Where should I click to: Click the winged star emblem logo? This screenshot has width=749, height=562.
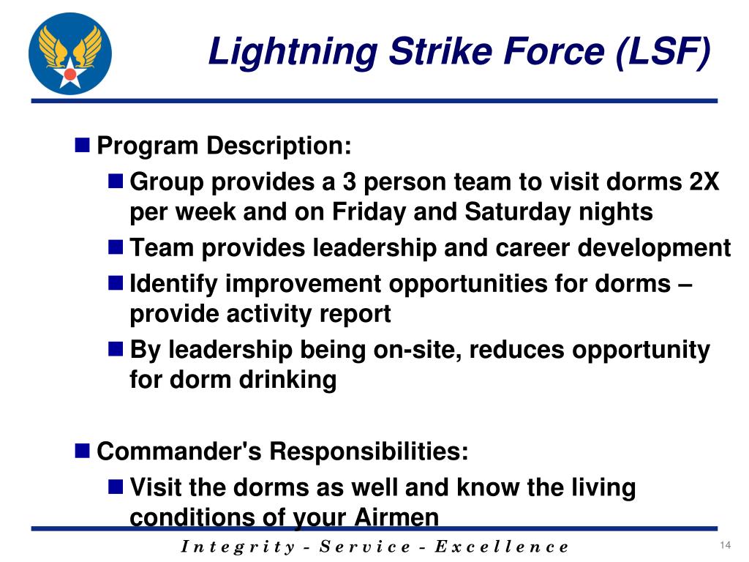tap(70, 54)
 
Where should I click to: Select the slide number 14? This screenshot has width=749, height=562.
tap(726, 546)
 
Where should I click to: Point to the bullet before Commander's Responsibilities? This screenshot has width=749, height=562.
tap(83, 449)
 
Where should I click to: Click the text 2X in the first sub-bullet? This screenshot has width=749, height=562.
tap(704, 181)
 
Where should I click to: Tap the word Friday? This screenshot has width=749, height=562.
tap(370, 212)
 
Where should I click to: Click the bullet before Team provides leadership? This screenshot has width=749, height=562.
tap(116, 247)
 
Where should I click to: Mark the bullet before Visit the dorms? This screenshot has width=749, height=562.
tap(116, 486)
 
